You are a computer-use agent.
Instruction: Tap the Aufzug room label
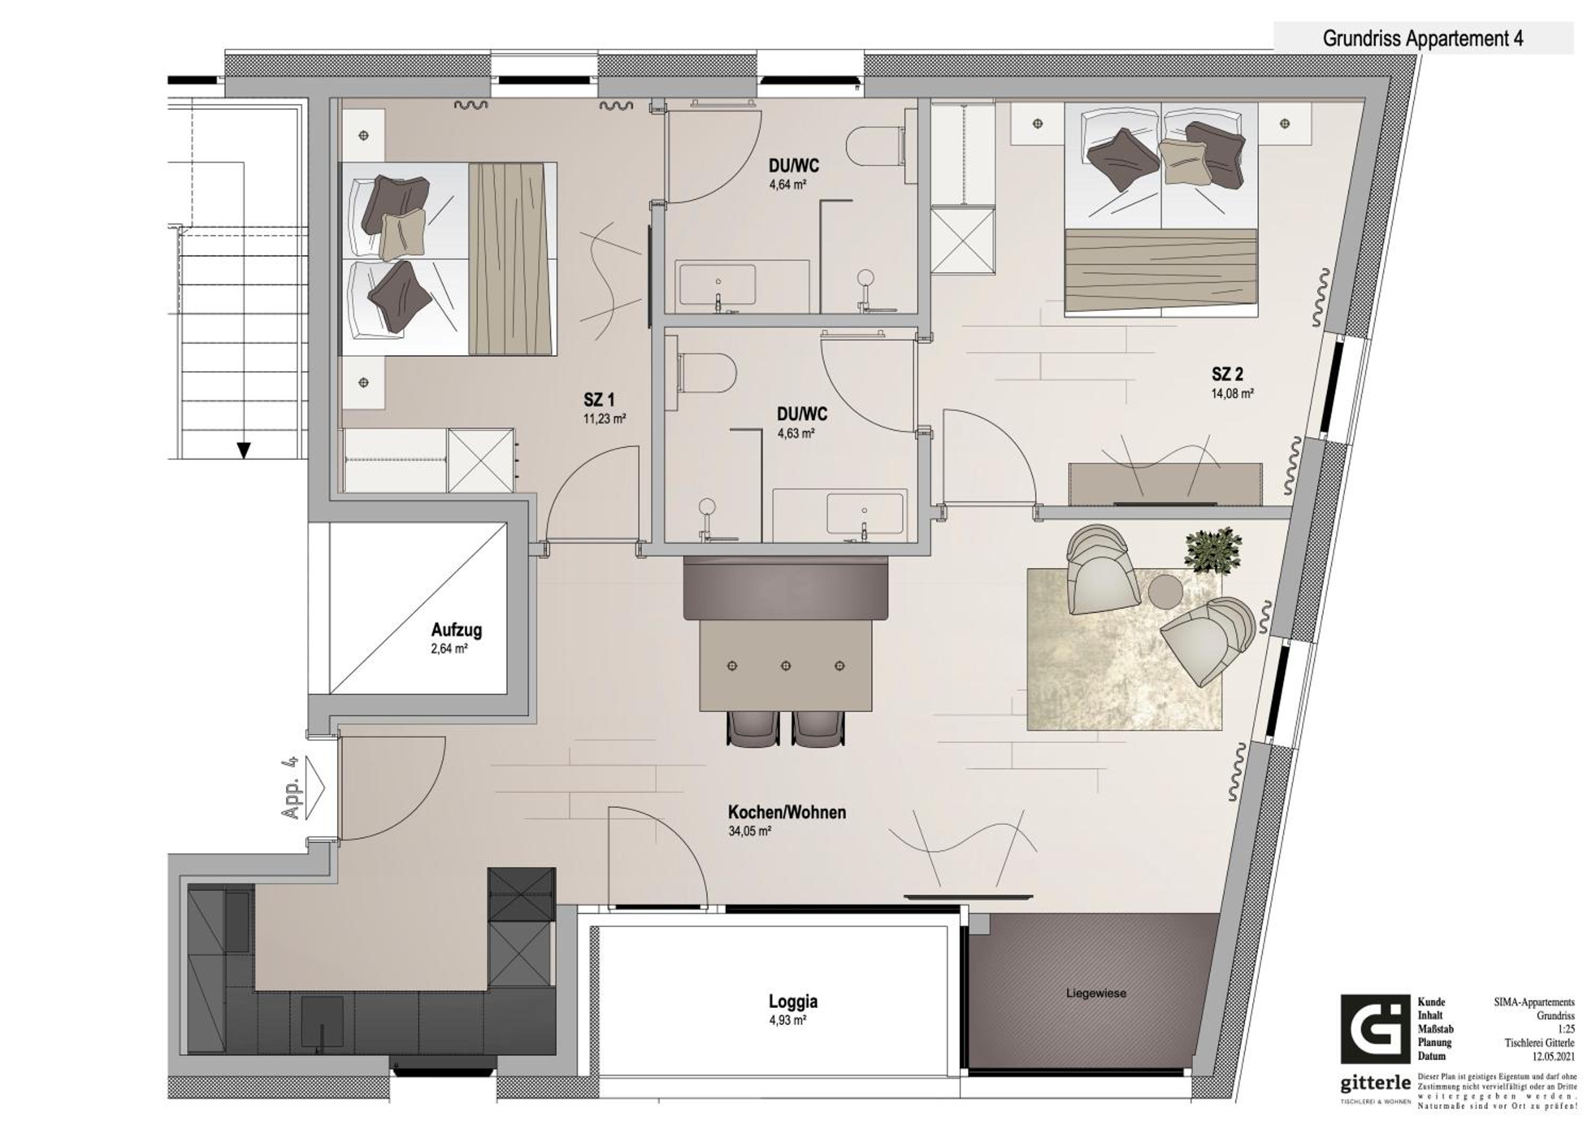[456, 630]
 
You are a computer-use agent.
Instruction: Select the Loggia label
[793, 1001]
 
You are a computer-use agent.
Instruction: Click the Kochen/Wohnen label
[787, 812]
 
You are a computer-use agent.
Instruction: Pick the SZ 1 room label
[598, 400]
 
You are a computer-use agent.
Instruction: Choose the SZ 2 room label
[1227, 374]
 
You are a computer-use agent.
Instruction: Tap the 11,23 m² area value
[605, 419]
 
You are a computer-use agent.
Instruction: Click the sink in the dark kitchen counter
[321, 1022]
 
